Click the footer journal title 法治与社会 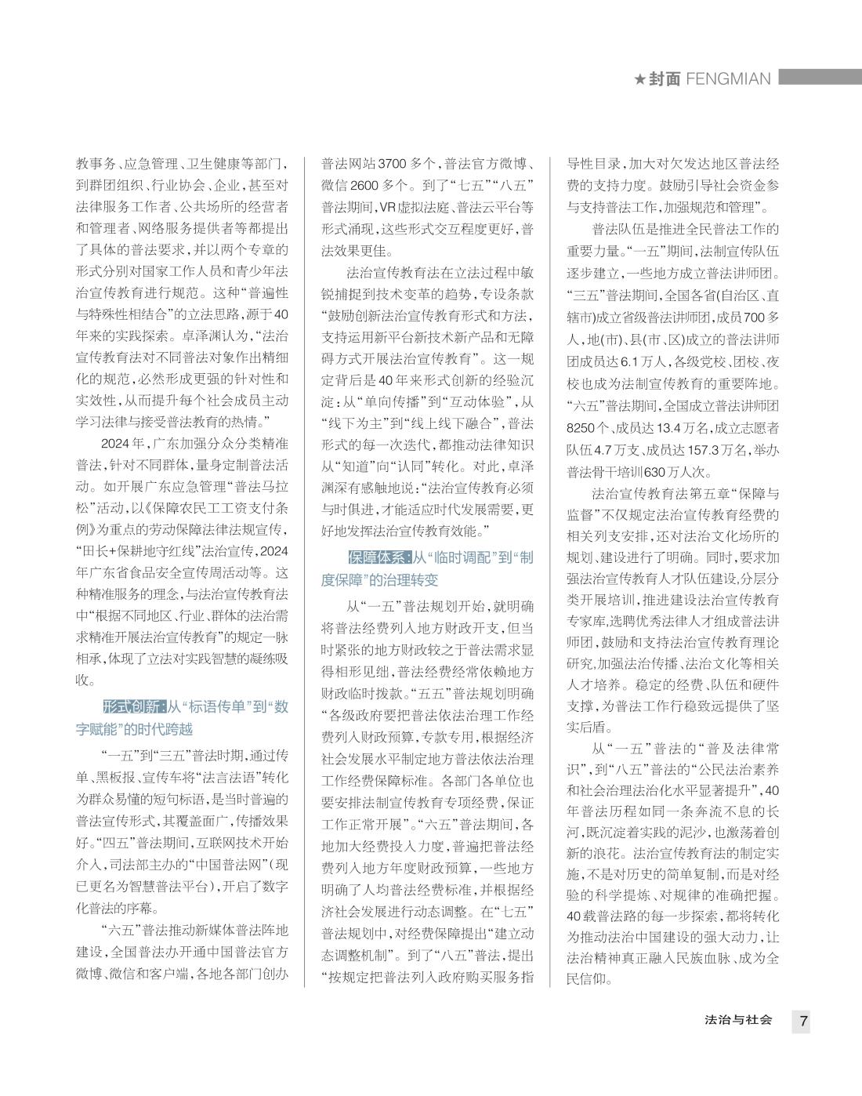738,1020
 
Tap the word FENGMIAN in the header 728,78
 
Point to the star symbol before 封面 639,79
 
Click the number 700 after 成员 755,318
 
